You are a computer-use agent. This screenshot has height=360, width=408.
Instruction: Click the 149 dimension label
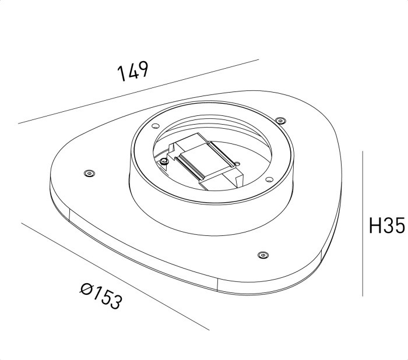tap(133, 71)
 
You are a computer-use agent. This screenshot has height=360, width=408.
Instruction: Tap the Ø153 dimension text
tap(101, 295)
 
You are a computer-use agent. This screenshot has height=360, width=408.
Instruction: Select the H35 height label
tap(386, 225)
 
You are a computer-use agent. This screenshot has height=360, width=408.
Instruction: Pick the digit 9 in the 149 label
tap(143, 68)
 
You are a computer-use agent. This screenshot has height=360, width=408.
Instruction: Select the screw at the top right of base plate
tap(281, 121)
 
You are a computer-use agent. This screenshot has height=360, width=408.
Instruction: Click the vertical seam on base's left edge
tap(69, 215)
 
